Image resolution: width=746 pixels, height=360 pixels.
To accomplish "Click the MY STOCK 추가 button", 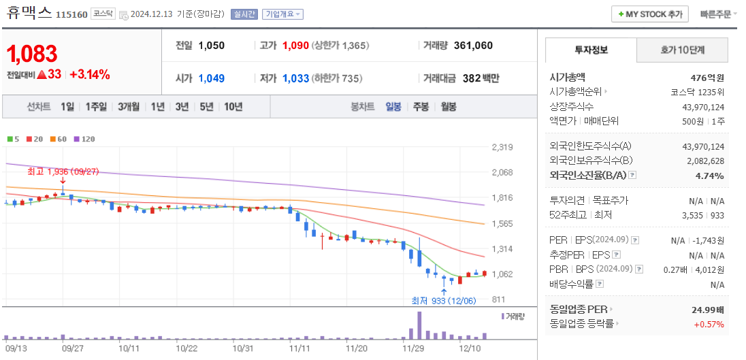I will [x=649, y=14].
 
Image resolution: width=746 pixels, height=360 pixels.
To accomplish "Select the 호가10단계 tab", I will [x=682, y=50].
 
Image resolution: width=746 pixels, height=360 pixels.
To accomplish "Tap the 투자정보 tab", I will [x=591, y=50].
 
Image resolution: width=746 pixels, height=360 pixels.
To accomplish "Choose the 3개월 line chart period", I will [x=128, y=107].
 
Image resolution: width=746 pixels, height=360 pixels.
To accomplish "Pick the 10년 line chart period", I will [x=233, y=107].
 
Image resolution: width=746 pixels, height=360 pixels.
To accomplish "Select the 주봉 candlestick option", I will [x=421, y=107].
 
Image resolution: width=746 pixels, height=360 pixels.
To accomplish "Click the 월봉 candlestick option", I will [x=448, y=107].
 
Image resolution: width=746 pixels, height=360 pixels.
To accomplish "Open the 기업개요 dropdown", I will [x=283, y=14].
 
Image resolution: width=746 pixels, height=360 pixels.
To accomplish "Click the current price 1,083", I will [x=32, y=53].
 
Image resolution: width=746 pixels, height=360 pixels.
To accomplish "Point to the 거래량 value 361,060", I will [x=472, y=46].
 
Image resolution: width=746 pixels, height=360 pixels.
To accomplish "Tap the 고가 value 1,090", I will [x=295, y=46].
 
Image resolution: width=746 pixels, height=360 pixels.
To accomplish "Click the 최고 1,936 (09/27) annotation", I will [x=63, y=171].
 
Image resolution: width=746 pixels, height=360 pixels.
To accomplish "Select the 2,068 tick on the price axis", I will [x=502, y=172].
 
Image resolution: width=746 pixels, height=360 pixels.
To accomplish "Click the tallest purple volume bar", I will [x=419, y=325].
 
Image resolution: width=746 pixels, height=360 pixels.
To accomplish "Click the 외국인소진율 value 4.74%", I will [x=710, y=176].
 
